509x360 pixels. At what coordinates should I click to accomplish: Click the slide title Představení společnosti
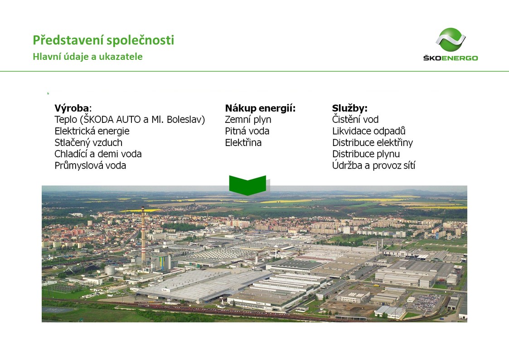(x=103, y=40)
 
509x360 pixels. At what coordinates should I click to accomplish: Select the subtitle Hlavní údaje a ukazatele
(x=87, y=57)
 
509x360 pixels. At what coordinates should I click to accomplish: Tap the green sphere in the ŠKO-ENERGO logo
(x=451, y=39)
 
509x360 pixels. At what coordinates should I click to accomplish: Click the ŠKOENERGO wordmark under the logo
(x=451, y=58)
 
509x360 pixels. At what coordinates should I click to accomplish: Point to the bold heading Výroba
(x=72, y=108)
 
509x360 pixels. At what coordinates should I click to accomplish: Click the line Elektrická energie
(x=92, y=131)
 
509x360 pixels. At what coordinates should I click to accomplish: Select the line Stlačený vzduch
(x=88, y=142)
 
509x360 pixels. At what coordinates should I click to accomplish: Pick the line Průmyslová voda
(x=90, y=165)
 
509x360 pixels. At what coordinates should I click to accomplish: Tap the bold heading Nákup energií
(x=260, y=108)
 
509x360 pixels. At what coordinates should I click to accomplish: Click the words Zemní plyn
(x=248, y=120)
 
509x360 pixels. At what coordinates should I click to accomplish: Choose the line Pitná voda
(x=247, y=131)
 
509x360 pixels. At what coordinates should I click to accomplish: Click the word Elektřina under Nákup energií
(x=243, y=142)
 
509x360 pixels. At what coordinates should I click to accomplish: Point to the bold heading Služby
(x=349, y=108)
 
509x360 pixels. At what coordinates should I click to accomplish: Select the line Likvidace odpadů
(x=369, y=131)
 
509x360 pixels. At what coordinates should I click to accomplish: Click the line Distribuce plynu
(x=366, y=154)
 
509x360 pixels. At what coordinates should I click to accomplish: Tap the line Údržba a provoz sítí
(x=373, y=165)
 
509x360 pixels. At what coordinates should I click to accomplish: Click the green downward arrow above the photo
(x=247, y=185)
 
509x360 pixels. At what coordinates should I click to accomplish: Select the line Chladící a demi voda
(x=98, y=154)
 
